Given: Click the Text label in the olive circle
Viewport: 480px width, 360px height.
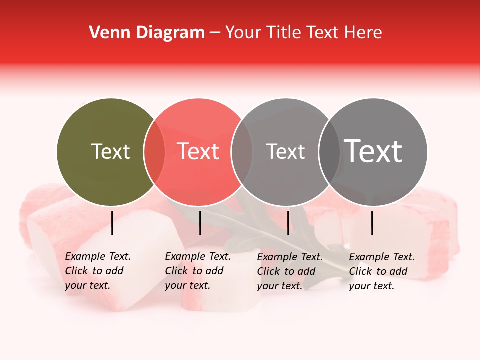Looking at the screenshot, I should (x=110, y=151).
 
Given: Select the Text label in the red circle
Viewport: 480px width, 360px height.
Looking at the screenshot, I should (x=198, y=151).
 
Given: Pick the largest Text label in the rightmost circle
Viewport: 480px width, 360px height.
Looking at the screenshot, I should (x=373, y=151).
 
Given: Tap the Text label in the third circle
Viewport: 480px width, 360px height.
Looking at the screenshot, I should (x=285, y=151).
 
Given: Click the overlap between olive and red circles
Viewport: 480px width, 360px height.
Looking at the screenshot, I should (x=154, y=152).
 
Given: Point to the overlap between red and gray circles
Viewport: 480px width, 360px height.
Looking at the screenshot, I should (x=242, y=152).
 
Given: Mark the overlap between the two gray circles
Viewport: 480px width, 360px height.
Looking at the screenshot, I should (x=329, y=152).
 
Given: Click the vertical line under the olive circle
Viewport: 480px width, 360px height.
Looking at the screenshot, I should (x=112, y=223).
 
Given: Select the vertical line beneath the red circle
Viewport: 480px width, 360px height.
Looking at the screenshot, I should (x=200, y=223).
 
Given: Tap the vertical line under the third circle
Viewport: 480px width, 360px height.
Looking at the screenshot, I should (x=288, y=223).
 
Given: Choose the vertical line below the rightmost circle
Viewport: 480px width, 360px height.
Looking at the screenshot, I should (x=372, y=223).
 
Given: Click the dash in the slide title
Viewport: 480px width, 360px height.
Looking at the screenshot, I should (x=215, y=33).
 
